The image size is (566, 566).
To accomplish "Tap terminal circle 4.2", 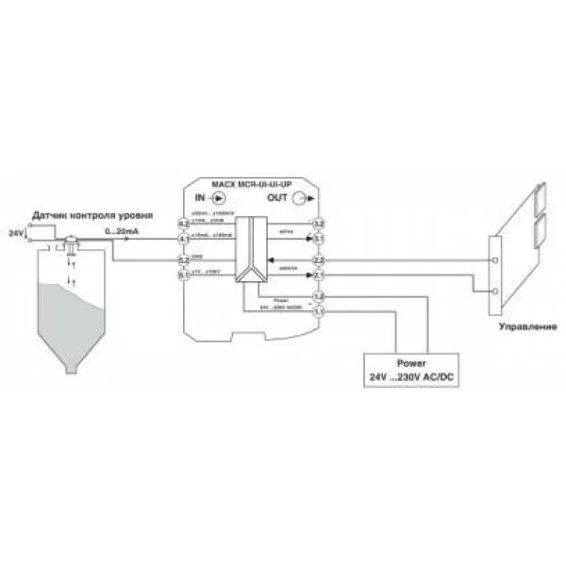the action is tap(185, 223).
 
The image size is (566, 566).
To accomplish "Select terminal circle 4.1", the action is tap(185, 239).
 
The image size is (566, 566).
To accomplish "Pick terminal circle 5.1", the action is tap(185, 275).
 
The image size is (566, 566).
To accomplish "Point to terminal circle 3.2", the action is tap(319, 223).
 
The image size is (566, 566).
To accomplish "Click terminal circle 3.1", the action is tap(319, 239).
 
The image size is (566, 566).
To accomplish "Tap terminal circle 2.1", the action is tap(319, 275).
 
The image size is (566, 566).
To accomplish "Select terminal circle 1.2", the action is tap(319, 297).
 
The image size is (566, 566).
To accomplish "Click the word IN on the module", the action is tap(200, 199).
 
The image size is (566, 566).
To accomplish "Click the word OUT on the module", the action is tap(278, 199).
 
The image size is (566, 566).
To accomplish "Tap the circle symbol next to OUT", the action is tap(301, 199).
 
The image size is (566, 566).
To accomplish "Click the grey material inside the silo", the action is tap(66, 321).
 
